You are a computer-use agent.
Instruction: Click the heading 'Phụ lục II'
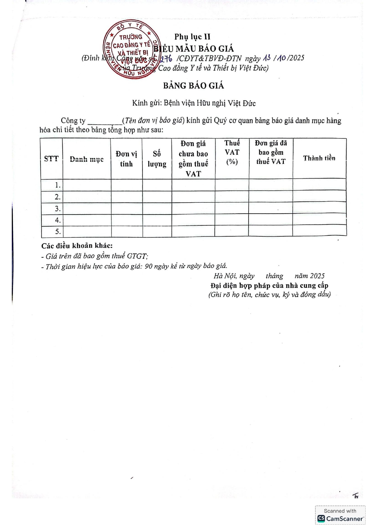[x=192, y=37]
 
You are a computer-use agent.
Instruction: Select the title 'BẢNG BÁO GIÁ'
[x=194, y=86]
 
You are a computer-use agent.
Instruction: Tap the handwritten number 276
[x=166, y=58]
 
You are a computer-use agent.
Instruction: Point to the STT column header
[x=51, y=159]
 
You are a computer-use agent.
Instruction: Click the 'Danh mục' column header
[x=87, y=159]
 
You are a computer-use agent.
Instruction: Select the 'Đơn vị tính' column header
[x=126, y=159]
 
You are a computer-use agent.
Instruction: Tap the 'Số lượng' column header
[x=157, y=159]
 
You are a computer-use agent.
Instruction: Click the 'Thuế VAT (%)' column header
[x=232, y=152]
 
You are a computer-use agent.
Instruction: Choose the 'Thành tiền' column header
[x=319, y=158]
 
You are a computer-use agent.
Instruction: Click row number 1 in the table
[x=58, y=185]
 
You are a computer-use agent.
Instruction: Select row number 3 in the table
[x=58, y=209]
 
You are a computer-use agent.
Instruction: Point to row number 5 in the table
[x=58, y=232]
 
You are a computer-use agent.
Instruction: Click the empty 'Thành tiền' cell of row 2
[x=319, y=197]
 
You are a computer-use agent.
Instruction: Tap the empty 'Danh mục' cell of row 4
[x=87, y=220]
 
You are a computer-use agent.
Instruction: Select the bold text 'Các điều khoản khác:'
[x=77, y=246]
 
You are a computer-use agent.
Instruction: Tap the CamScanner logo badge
[x=340, y=515]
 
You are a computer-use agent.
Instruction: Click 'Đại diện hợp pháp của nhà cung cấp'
[x=269, y=285]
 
